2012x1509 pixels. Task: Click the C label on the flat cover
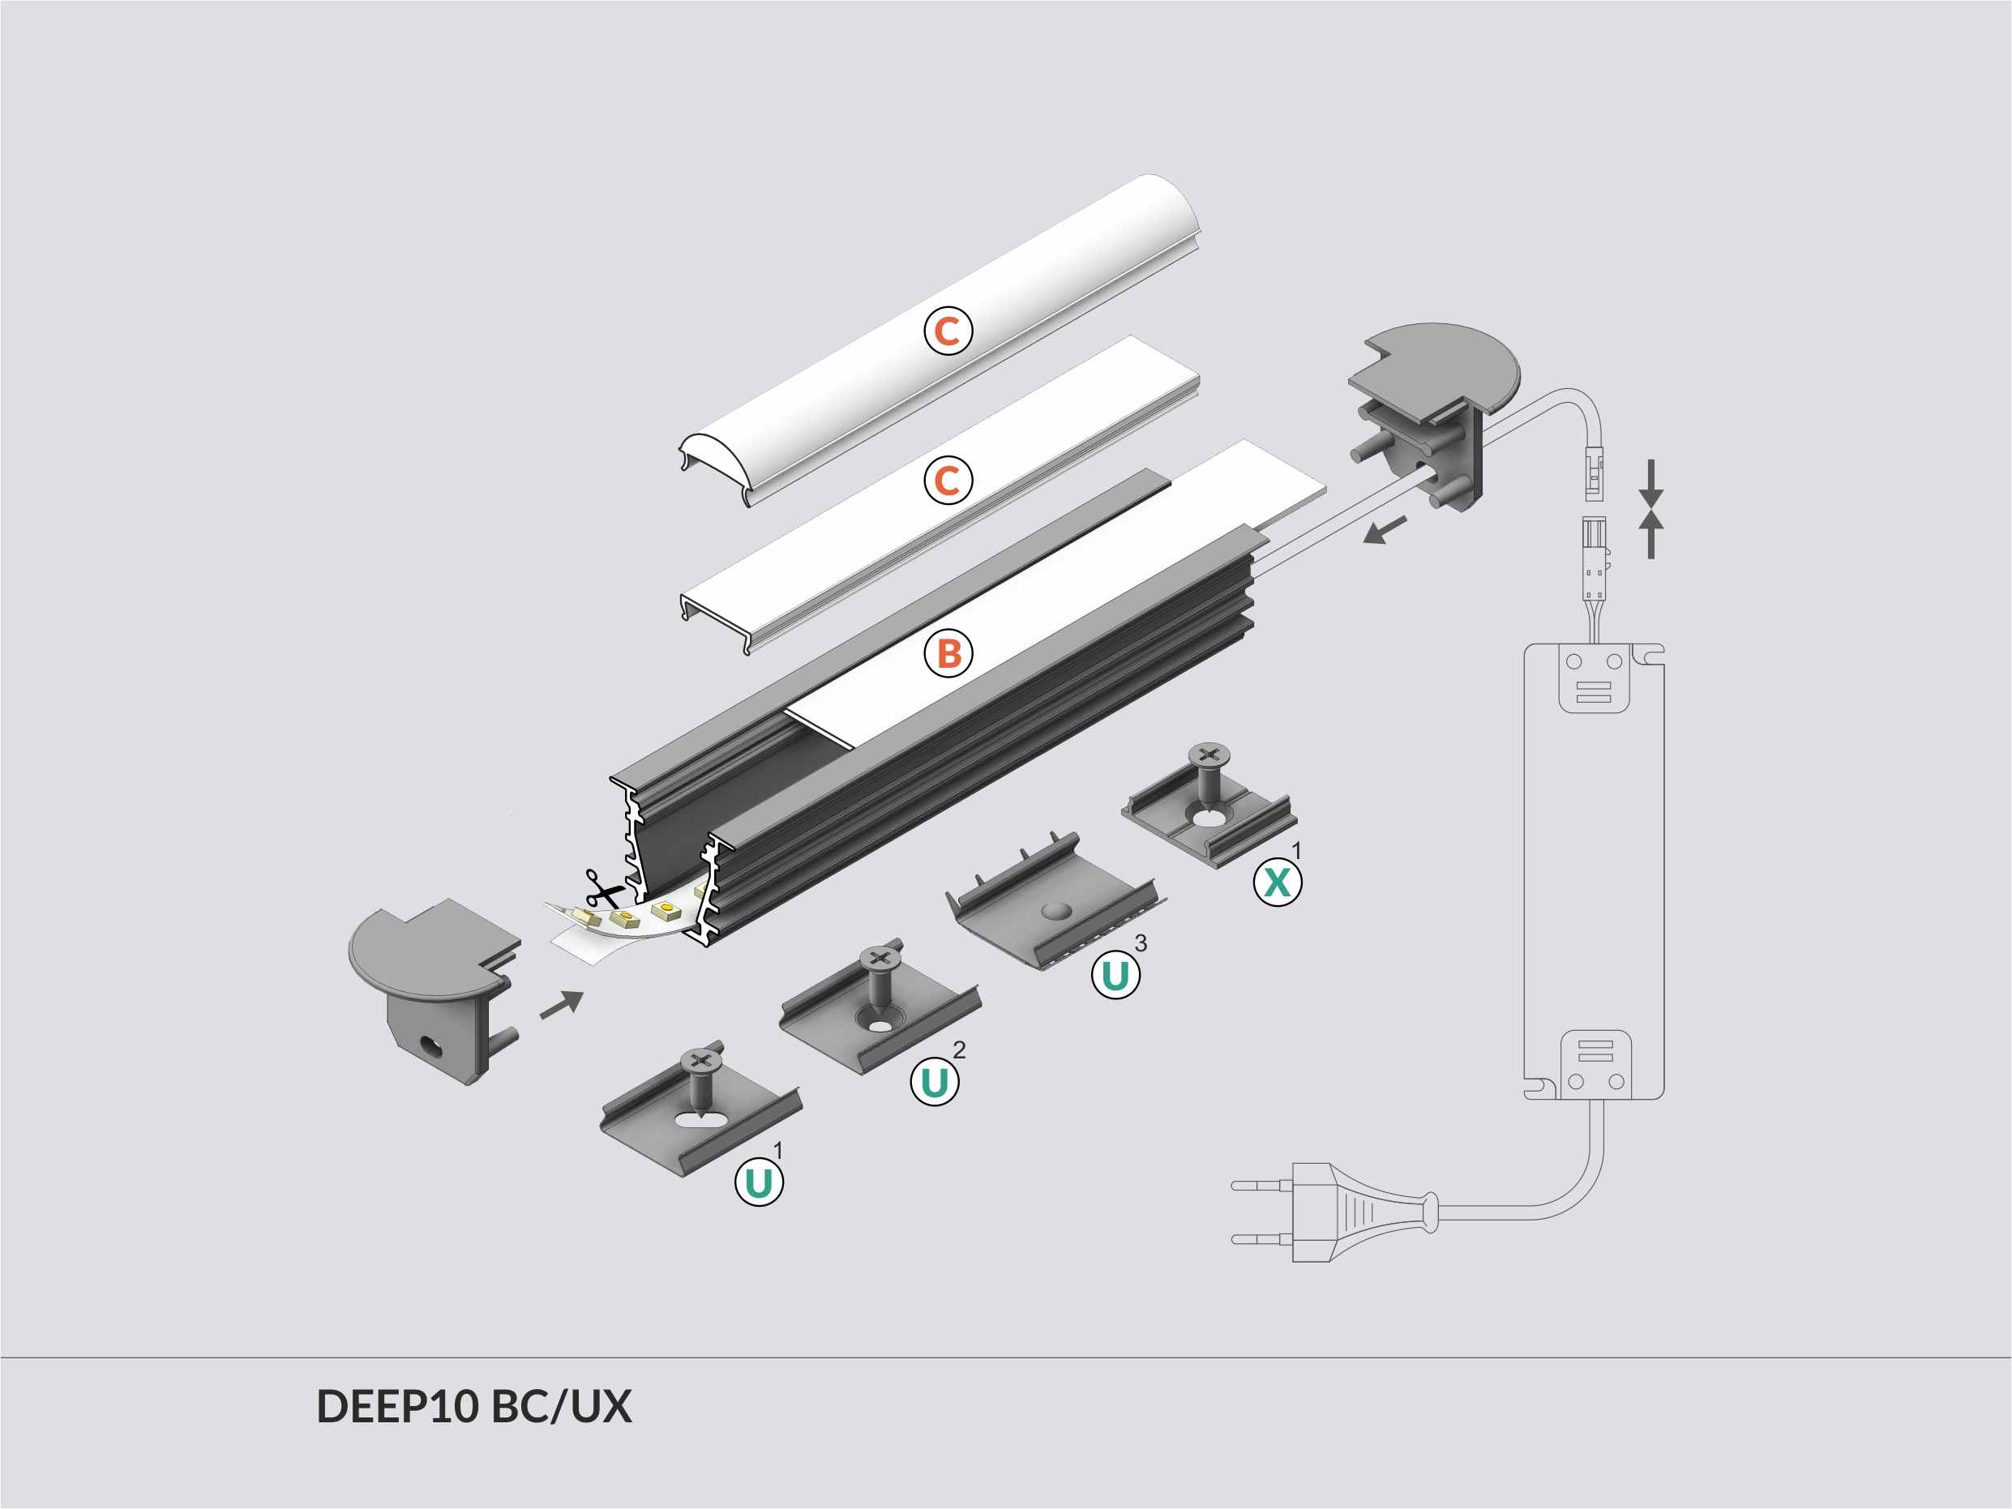(948, 481)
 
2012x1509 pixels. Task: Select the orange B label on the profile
(948, 653)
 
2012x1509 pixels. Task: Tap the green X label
(1277, 882)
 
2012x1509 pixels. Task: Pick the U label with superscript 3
(1115, 975)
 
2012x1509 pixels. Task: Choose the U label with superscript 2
(934, 1081)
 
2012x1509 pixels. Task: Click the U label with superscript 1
(759, 1182)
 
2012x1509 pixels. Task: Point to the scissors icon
(603, 889)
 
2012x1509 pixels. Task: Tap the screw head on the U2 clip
(879, 957)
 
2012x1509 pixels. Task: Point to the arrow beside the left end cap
(561, 1004)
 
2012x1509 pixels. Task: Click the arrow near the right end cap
(1385, 530)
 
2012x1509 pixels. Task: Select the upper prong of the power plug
(1261, 1185)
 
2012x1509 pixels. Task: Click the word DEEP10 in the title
(396, 1406)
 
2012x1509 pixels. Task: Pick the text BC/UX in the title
(560, 1406)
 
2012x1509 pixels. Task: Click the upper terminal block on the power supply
(1594, 678)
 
